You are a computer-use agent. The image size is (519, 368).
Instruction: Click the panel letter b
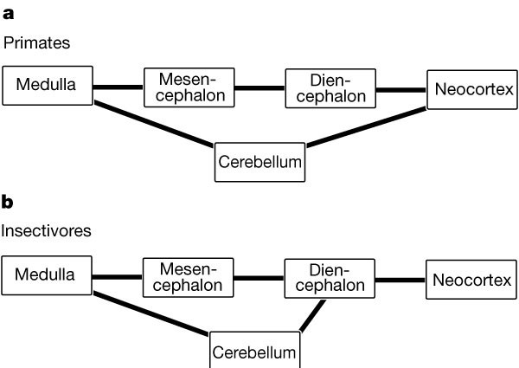[x=8, y=203]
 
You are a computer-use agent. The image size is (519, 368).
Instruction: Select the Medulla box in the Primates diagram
[x=48, y=86]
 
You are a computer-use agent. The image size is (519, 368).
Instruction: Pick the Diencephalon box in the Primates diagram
[x=331, y=87]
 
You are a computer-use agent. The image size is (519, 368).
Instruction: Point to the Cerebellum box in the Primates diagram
[x=259, y=162]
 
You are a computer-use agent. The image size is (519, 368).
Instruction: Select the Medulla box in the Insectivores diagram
[x=48, y=276]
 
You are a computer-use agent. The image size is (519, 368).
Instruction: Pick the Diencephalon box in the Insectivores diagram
[x=330, y=278]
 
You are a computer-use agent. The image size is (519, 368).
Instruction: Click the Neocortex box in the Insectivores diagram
[x=471, y=281]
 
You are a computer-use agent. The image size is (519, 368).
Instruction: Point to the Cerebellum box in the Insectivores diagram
[x=256, y=351]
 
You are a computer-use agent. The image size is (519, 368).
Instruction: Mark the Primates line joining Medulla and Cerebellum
[x=154, y=124]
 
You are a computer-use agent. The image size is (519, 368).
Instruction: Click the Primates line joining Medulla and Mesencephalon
[x=118, y=87]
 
